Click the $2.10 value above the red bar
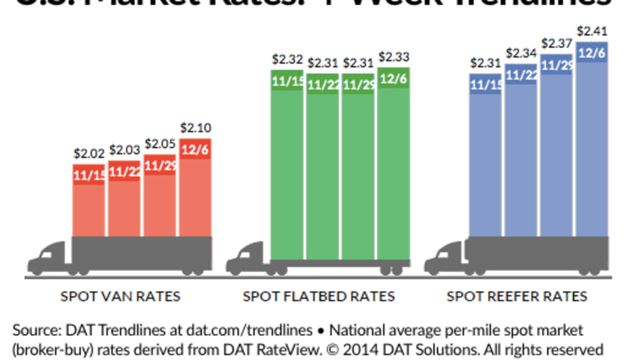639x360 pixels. pos(196,128)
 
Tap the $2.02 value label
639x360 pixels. pos(89,154)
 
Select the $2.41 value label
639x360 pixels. pos(592,30)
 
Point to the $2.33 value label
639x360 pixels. pos(394,57)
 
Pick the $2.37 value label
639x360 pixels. pos(557,44)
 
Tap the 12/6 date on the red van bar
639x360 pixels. pos(196,149)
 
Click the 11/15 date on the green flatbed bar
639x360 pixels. pos(287,82)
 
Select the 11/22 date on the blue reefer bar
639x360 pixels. pos(522,74)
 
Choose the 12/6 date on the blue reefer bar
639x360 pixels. pos(592,52)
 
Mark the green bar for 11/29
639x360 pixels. pos(359,176)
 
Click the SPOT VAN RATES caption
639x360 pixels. pos(121,297)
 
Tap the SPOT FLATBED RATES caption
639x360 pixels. pos(319,297)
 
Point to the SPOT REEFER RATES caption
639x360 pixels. pos(517,297)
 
